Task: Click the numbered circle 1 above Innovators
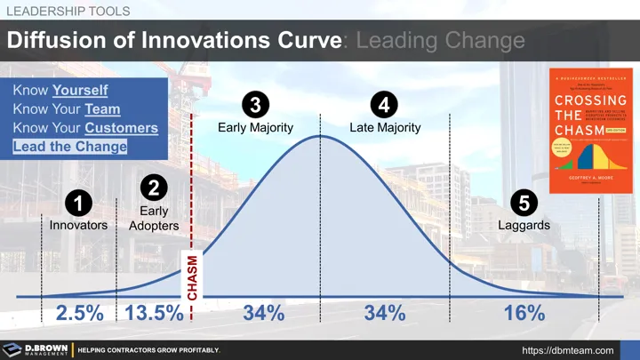78,204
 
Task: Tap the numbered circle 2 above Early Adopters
154,188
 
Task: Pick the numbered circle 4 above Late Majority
384,106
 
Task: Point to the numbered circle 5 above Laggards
524,204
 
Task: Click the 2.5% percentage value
80,313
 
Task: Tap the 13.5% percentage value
155,313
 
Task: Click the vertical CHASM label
192,278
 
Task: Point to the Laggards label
524,226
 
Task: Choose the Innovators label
78,226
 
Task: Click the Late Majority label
385,127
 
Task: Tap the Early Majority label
255,127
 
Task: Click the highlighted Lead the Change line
69,147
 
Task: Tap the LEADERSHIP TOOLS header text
68,10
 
